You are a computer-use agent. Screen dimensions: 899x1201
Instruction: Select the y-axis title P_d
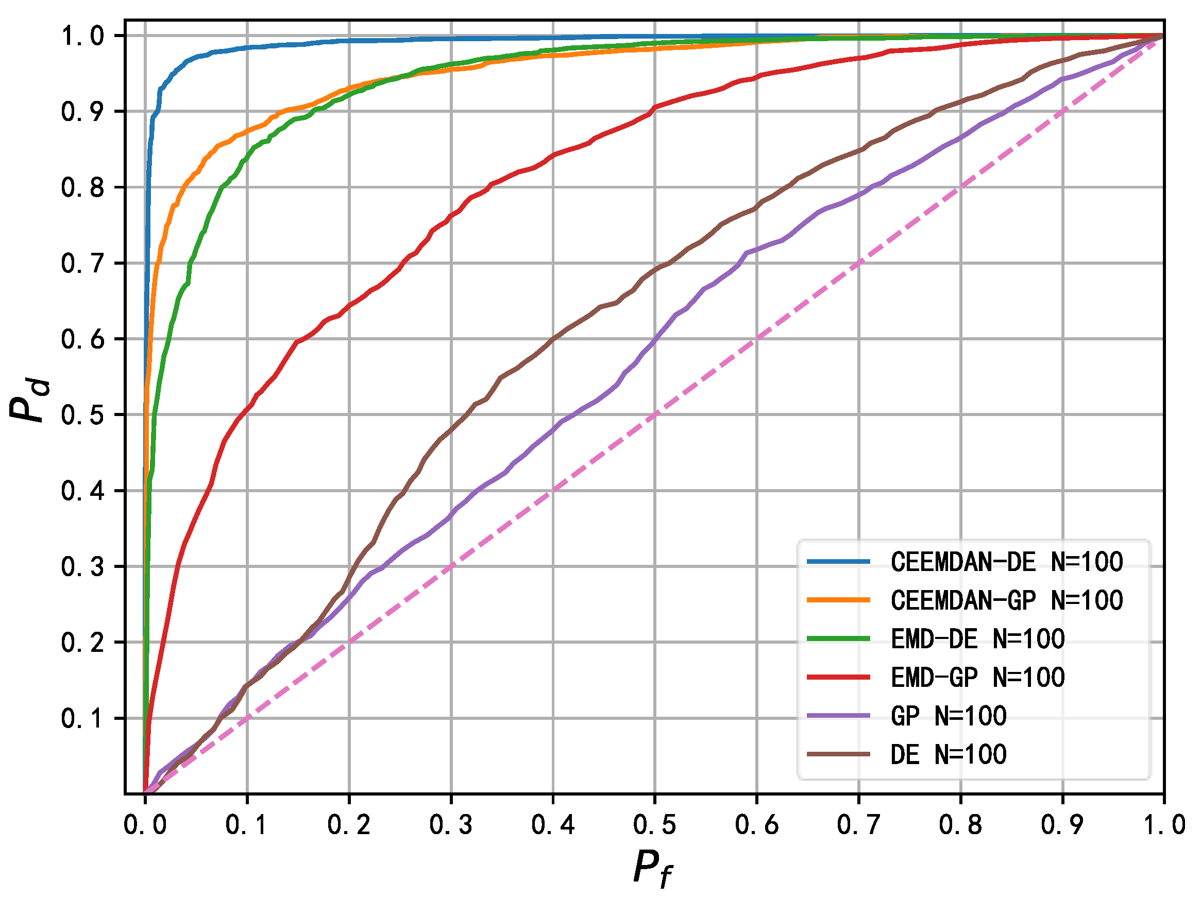coord(29,400)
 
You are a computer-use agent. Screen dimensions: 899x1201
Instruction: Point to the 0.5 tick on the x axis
coord(655,825)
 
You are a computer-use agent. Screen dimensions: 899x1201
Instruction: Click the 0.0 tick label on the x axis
coord(145,825)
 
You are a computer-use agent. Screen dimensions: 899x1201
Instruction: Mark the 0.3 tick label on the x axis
coord(451,825)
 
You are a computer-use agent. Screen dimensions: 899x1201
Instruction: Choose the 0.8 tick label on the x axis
coord(960,825)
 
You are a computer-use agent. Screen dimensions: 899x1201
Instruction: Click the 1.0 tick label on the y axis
coord(82,37)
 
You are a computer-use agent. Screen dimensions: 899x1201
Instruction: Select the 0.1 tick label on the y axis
coord(82,719)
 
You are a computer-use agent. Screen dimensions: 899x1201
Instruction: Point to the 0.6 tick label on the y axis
coord(82,340)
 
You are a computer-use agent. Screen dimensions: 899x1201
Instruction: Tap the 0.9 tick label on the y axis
coord(82,112)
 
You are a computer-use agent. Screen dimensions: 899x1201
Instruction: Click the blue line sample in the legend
coord(838,562)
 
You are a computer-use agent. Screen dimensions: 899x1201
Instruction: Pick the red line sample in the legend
coord(838,677)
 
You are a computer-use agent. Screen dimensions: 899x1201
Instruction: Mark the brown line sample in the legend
coord(838,754)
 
